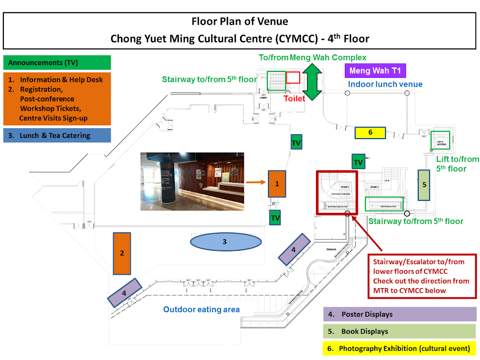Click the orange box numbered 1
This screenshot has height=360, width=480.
point(277,184)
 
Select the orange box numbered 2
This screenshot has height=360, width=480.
point(121,253)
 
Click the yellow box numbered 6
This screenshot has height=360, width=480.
point(370,132)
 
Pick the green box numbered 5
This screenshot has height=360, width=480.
point(424,185)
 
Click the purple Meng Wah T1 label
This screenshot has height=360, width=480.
point(376,71)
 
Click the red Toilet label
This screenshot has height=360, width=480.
point(294,98)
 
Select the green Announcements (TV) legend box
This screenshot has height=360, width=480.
point(57,63)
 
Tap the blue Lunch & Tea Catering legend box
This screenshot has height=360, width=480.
point(57,135)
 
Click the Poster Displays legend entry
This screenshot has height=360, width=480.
point(400,314)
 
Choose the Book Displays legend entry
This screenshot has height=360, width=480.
point(400,332)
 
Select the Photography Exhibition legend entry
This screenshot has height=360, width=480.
point(400,349)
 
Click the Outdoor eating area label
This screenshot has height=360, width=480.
point(201,309)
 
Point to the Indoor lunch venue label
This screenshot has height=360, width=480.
point(385,84)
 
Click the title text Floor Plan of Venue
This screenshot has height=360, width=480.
point(240,22)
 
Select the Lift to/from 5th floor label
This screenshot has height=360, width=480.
point(457,164)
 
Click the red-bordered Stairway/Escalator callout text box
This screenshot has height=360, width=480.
point(421,276)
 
